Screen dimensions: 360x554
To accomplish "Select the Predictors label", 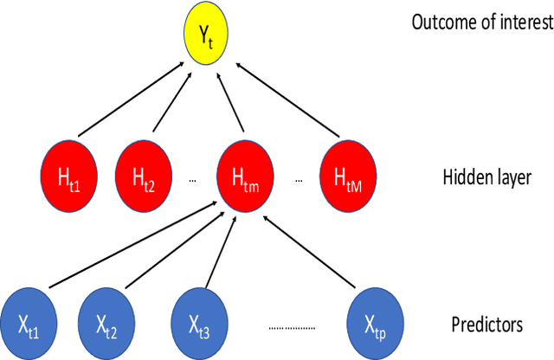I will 486,325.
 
